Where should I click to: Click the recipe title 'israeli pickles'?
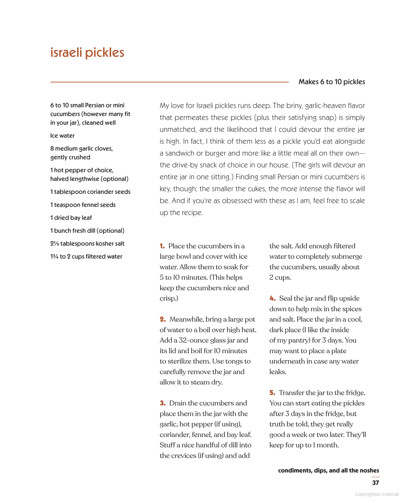pos(87,53)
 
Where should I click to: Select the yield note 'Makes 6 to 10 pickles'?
pos(332,82)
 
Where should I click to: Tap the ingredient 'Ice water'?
pos(62,135)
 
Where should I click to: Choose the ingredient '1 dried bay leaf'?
pos(71,218)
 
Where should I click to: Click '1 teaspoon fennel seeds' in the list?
pos(83,205)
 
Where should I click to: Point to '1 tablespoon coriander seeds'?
pos(90,192)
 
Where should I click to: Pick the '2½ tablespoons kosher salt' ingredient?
pos(87,244)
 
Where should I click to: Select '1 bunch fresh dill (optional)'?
pos(87,231)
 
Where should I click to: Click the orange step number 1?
pos(162,246)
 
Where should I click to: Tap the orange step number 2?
pos(162,319)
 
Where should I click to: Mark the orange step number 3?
pos(162,403)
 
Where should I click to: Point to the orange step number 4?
pos(272,298)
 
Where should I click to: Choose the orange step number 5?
pos(272,393)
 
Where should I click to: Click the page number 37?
pos(375,483)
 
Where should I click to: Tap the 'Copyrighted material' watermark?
pos(377,494)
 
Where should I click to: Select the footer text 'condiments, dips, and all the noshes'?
pos(328,470)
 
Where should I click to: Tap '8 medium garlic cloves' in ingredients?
pos(82,148)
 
